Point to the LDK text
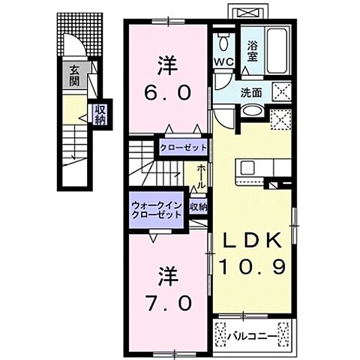click(x=251, y=240)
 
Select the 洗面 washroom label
click(x=250, y=93)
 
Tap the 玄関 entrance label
click(x=75, y=76)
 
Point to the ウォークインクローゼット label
click(x=156, y=208)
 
